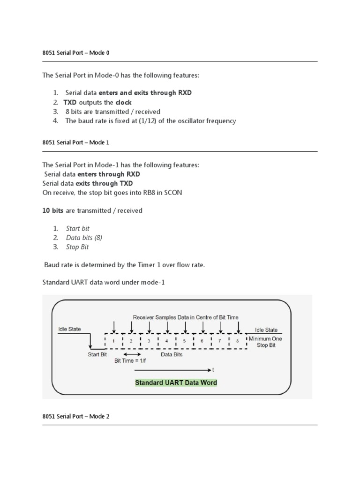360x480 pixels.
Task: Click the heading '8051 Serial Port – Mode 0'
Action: (75, 53)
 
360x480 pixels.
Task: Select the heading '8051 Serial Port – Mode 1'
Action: (75, 142)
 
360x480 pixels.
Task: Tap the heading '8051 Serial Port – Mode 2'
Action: (75, 416)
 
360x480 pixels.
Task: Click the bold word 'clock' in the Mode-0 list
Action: (124, 102)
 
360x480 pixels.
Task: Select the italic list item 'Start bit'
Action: (77, 228)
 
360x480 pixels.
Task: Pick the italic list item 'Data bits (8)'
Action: (84, 238)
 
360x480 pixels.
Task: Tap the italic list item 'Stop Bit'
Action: (77, 247)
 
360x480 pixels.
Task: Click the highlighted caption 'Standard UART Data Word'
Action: (176, 382)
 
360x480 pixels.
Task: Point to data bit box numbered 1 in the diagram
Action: (114, 341)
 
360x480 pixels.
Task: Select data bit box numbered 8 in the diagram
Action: (238, 341)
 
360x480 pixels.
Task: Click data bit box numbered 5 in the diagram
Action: (185, 341)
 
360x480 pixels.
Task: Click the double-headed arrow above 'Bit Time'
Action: (132, 354)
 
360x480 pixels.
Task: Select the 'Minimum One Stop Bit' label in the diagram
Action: (265, 342)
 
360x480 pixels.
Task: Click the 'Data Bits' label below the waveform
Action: (172, 355)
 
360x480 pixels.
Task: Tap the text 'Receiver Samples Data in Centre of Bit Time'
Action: (186, 317)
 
